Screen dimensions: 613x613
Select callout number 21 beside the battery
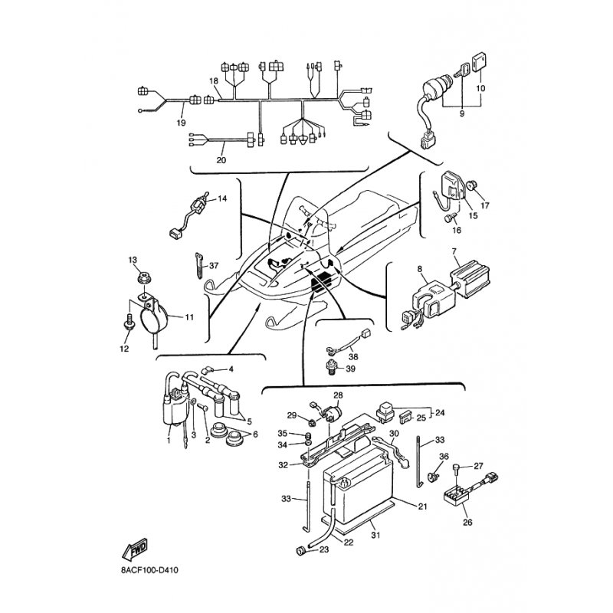point(422,506)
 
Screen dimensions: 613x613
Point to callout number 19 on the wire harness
point(182,123)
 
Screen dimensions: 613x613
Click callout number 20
point(221,160)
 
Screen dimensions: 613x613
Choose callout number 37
point(214,266)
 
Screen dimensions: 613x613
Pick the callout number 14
point(223,198)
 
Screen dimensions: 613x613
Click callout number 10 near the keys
point(481,89)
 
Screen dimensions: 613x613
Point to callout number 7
point(454,252)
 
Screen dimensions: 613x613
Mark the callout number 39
point(351,369)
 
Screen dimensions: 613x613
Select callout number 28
point(338,395)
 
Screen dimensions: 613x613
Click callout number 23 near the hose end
point(323,549)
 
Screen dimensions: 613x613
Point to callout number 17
point(484,206)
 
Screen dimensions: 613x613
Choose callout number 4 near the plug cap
point(230,369)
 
